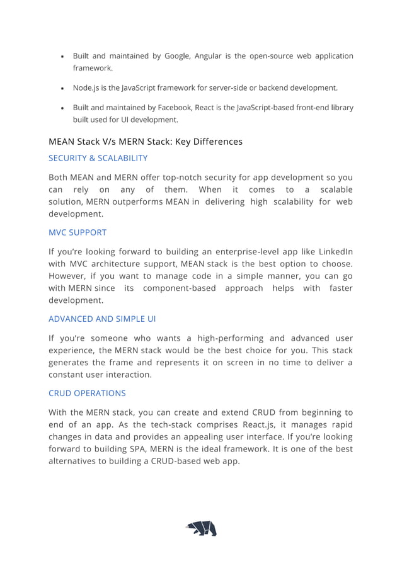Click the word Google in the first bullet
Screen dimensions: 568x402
coord(179,56)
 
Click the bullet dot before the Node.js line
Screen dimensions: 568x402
coord(62,89)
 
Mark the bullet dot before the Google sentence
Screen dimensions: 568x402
coord(62,57)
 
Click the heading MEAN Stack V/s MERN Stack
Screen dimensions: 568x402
coord(145,141)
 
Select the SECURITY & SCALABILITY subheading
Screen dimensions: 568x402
coord(98,158)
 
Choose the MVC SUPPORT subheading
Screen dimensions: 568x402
coord(78,232)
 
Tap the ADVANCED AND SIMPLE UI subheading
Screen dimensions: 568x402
coord(102,319)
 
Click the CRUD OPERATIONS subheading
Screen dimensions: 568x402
coord(87,393)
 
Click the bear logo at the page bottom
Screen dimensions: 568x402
coord(201,528)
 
